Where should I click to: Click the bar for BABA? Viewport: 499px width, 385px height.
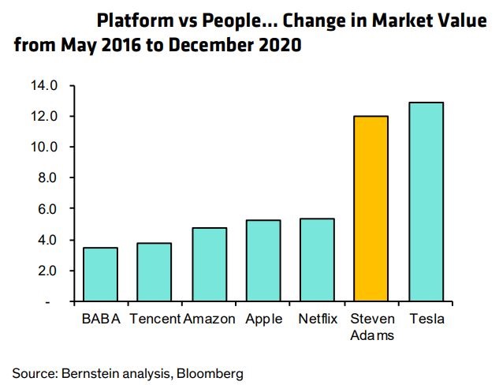[x=100, y=275]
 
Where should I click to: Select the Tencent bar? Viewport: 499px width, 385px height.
[x=155, y=272]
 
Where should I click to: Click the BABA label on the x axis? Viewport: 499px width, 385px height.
[x=100, y=319]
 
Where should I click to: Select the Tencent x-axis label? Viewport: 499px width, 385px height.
[x=155, y=319]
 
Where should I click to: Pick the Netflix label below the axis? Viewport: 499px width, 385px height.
[x=318, y=319]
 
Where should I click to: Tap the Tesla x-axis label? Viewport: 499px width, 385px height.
[x=427, y=319]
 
